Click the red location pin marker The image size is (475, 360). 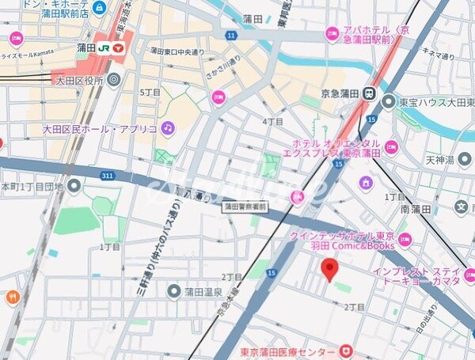coord(330,271)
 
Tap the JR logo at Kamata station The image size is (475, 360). coord(102,47)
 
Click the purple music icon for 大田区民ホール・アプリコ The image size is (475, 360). coord(167,127)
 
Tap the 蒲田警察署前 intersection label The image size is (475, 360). coord(246,206)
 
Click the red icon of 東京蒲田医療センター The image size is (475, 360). coord(345,351)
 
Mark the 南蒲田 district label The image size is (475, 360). coord(416,210)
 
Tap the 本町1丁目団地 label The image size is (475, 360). coord(33,187)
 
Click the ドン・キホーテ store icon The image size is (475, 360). coord(98,8)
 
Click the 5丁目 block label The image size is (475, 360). coord(150,93)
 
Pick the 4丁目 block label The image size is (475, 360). coord(272,122)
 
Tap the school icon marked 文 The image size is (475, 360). coord(462,207)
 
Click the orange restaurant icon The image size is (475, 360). coord(11,297)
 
